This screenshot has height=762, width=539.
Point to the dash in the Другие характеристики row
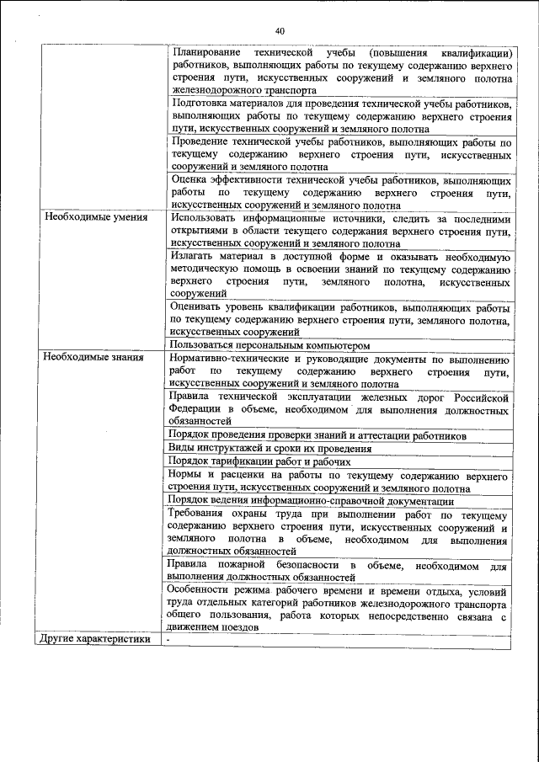(x=168, y=639)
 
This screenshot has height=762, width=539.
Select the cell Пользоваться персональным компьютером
(x=269, y=344)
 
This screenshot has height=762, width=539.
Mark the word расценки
(x=252, y=475)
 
